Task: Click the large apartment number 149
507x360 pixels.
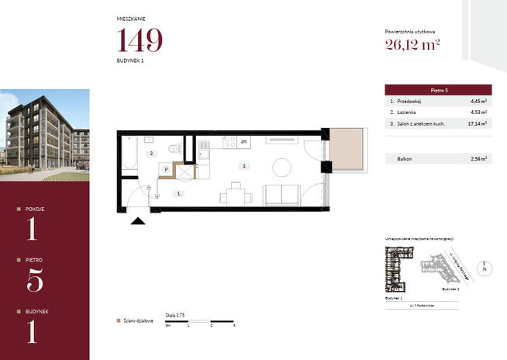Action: [x=140, y=40]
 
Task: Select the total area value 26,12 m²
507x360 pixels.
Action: [x=412, y=43]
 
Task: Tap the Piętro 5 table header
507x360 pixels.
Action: [x=439, y=90]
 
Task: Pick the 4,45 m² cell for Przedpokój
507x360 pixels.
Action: [x=478, y=102]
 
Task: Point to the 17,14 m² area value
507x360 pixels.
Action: [x=478, y=123]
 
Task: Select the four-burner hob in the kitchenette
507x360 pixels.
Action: [x=229, y=142]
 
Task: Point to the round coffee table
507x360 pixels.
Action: [x=281, y=166]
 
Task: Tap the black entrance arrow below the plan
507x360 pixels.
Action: [x=138, y=222]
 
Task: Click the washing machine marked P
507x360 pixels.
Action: [x=166, y=169]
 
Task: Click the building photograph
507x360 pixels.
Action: [x=44, y=136]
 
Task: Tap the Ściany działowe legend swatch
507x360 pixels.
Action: [x=118, y=320]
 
